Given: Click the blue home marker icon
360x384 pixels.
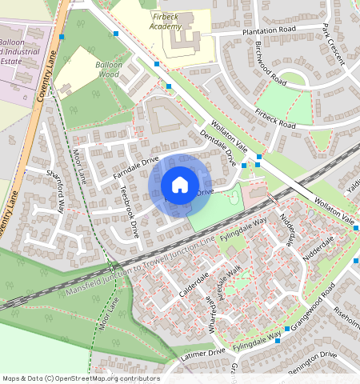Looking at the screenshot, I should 180,186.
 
